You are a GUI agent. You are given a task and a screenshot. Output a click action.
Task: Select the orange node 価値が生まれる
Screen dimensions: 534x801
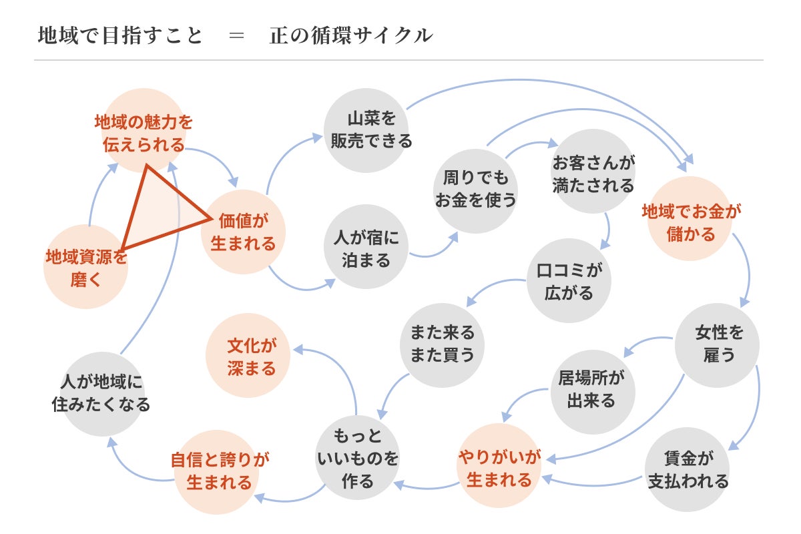(243, 232)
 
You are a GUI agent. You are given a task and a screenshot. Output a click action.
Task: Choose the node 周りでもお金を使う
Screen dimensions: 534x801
(475, 190)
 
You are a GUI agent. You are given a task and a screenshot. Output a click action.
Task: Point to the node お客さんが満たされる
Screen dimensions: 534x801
(593, 173)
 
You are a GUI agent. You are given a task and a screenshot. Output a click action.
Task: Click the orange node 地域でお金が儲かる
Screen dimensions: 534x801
(691, 222)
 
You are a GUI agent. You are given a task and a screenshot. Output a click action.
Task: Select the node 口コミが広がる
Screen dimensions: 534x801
(569, 281)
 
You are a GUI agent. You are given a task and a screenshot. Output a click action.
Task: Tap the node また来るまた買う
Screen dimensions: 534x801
(442, 344)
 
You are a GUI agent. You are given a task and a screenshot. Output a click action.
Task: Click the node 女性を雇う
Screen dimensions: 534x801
(718, 344)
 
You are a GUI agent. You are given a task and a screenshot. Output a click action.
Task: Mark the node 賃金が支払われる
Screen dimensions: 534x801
(688, 469)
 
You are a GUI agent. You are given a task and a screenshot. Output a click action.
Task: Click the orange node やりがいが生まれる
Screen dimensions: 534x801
(499, 468)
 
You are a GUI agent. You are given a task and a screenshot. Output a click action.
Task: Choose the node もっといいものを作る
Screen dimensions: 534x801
(357, 459)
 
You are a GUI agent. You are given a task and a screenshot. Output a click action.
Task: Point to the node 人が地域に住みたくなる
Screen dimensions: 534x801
(101, 393)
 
